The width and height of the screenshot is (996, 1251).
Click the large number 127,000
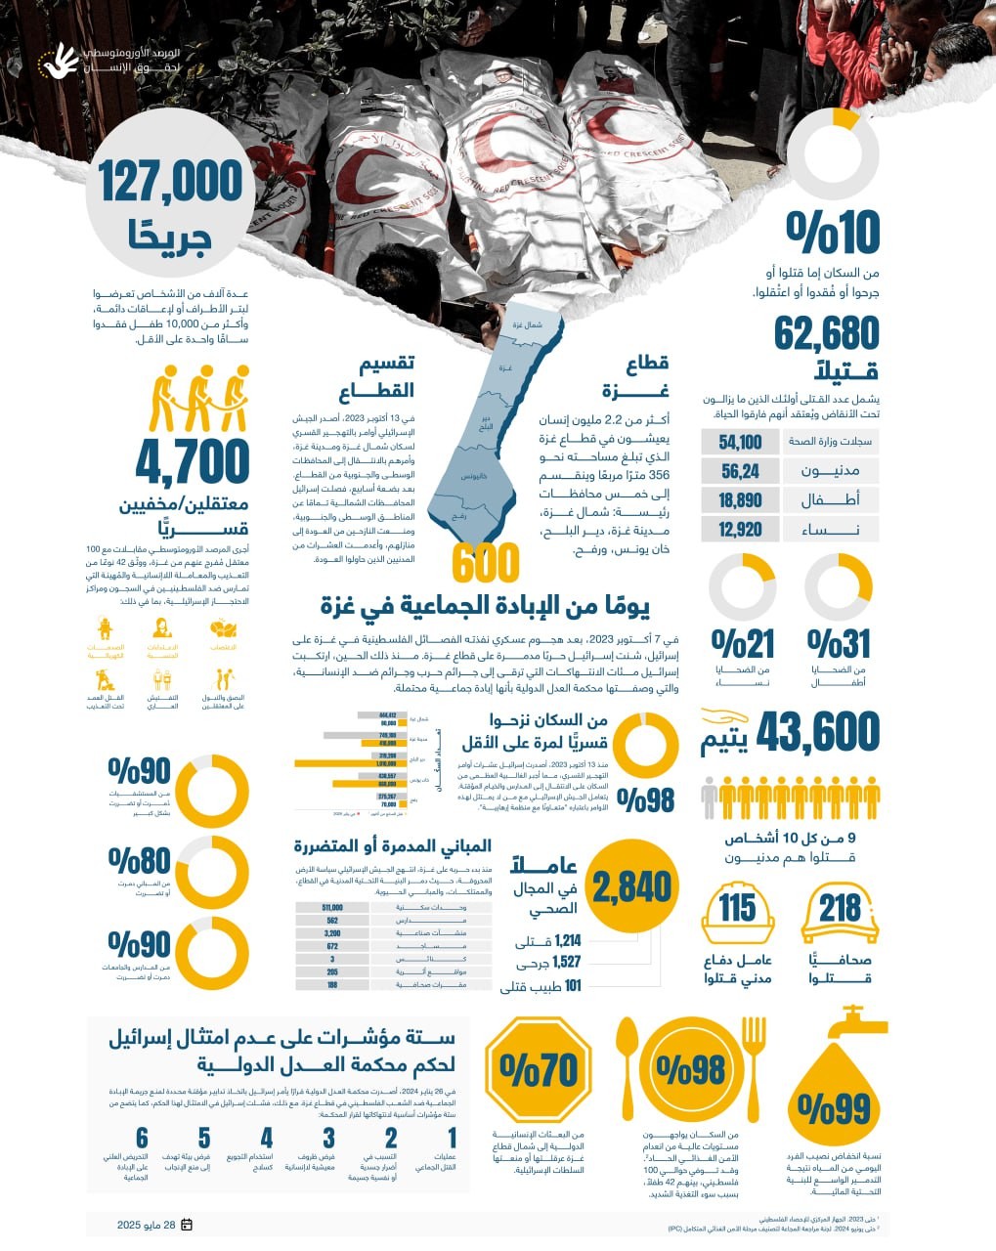click(x=171, y=183)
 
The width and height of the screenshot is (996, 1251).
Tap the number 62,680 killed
click(x=827, y=334)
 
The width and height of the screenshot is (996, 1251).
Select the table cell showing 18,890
click(x=740, y=500)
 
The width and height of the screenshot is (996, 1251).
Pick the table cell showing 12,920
click(x=740, y=530)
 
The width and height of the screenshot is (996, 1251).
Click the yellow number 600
click(x=486, y=564)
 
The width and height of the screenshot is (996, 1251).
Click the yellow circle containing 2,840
click(x=632, y=886)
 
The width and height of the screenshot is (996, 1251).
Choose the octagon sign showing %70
click(x=538, y=1071)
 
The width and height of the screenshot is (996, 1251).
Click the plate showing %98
click(x=691, y=1069)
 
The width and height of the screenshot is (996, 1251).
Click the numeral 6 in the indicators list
click(x=143, y=1138)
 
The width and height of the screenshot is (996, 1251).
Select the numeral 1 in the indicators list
click(x=453, y=1138)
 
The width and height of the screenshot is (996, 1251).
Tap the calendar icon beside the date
click(x=187, y=1225)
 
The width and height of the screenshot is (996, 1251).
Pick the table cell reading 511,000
click(x=332, y=908)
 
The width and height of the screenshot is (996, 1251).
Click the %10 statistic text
click(x=834, y=233)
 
